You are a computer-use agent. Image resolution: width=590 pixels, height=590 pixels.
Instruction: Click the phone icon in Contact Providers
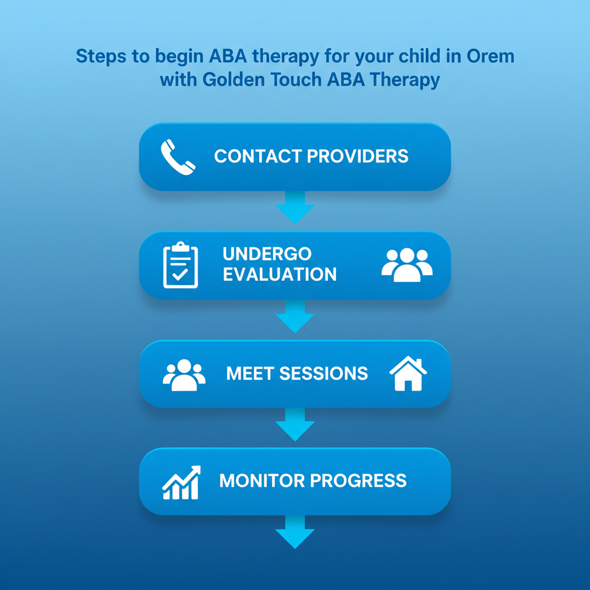[x=177, y=156]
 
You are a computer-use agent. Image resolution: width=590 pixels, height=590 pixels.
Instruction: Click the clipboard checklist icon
[x=180, y=265]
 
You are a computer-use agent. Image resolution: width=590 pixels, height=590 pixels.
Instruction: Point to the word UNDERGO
[x=259, y=254]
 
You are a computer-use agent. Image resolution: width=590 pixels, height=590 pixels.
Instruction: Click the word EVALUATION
[x=279, y=274]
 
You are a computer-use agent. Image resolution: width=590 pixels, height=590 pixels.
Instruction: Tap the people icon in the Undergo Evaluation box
[x=407, y=264]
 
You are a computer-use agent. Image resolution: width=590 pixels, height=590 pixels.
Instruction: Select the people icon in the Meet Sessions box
[x=184, y=375]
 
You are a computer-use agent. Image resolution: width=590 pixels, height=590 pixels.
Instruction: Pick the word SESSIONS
[x=324, y=373]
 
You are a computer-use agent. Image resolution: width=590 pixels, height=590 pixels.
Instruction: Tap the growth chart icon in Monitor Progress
[x=181, y=482]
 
